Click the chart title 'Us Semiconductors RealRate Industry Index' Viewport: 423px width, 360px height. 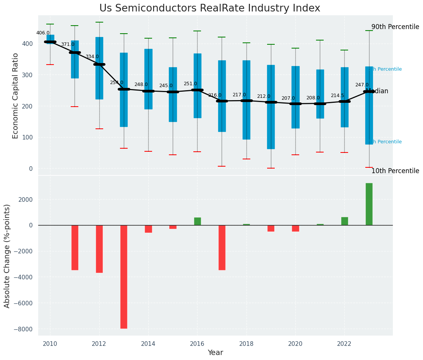[x=210, y=8]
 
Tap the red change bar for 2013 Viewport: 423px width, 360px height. [x=124, y=276]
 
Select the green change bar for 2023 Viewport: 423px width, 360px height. [x=369, y=204]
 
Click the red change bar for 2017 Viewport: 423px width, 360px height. [x=222, y=247]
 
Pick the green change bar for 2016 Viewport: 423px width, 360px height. [x=198, y=221]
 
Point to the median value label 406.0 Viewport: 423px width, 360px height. [x=43, y=33]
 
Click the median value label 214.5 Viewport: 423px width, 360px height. [x=337, y=96]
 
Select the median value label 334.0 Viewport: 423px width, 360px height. [x=92, y=57]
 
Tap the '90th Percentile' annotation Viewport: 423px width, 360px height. [x=395, y=27]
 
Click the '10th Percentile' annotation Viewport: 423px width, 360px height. [x=395, y=171]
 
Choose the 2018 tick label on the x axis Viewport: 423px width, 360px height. [x=246, y=344]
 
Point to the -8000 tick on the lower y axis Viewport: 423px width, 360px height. [x=24, y=329]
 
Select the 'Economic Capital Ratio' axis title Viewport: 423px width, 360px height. [x=16, y=96]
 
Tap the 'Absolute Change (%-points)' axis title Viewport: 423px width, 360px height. [x=7, y=256]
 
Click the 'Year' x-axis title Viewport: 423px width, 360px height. [x=216, y=353]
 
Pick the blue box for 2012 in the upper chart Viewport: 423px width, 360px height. [x=99, y=68]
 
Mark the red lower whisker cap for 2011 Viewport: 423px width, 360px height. [x=75, y=107]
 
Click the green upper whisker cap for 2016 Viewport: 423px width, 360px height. [x=198, y=31]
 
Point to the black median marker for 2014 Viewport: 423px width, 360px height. [x=148, y=91]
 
